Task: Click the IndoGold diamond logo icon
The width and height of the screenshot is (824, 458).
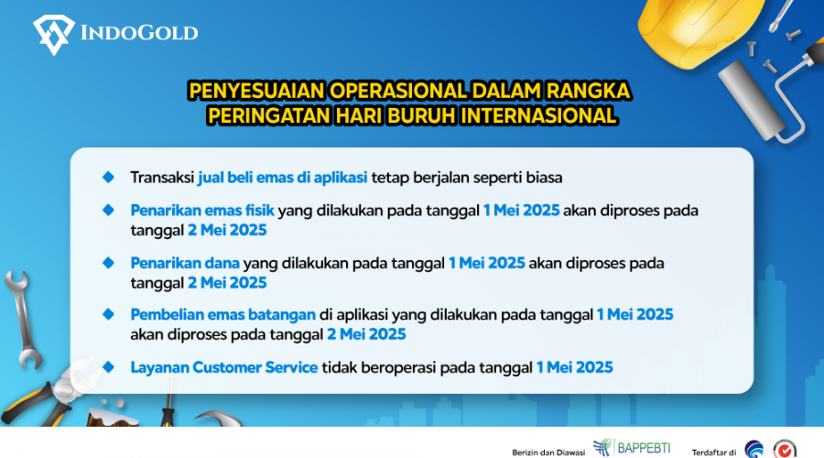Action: coord(54,34)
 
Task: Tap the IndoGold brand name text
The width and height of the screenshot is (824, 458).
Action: coord(139,33)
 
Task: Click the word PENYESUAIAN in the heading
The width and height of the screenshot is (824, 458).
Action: coord(257,91)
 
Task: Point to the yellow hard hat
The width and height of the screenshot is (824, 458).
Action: coord(698,29)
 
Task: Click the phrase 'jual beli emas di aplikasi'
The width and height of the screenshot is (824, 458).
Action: coord(283,178)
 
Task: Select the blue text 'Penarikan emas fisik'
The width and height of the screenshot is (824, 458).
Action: coord(202,211)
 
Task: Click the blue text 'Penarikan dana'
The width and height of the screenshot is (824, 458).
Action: coord(185,263)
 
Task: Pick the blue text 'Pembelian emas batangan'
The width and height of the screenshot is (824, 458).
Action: coord(222,314)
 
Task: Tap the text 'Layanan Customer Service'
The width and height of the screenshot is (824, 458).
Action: coord(224,367)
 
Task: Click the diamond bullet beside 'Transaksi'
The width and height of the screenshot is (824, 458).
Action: coord(108,177)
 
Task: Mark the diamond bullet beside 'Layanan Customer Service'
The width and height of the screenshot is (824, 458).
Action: coord(108,366)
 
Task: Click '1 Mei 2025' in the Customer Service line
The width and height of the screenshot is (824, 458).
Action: coord(574,367)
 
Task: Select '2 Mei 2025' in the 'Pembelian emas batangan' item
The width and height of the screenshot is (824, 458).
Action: coord(366,334)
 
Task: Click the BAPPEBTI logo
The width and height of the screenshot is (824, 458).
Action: coord(632,448)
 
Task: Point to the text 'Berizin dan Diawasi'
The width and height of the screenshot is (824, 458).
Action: coord(548,453)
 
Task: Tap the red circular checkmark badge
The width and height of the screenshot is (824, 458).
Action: coord(785,450)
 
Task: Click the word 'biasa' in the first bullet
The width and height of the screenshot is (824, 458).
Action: coord(544,178)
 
